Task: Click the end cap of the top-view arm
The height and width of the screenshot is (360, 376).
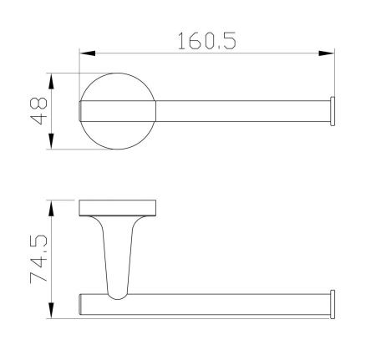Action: pyautogui.click(x=333, y=113)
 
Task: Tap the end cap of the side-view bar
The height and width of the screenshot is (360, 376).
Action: pyautogui.click(x=333, y=302)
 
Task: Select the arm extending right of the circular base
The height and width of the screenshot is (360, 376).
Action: pyautogui.click(x=242, y=113)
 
